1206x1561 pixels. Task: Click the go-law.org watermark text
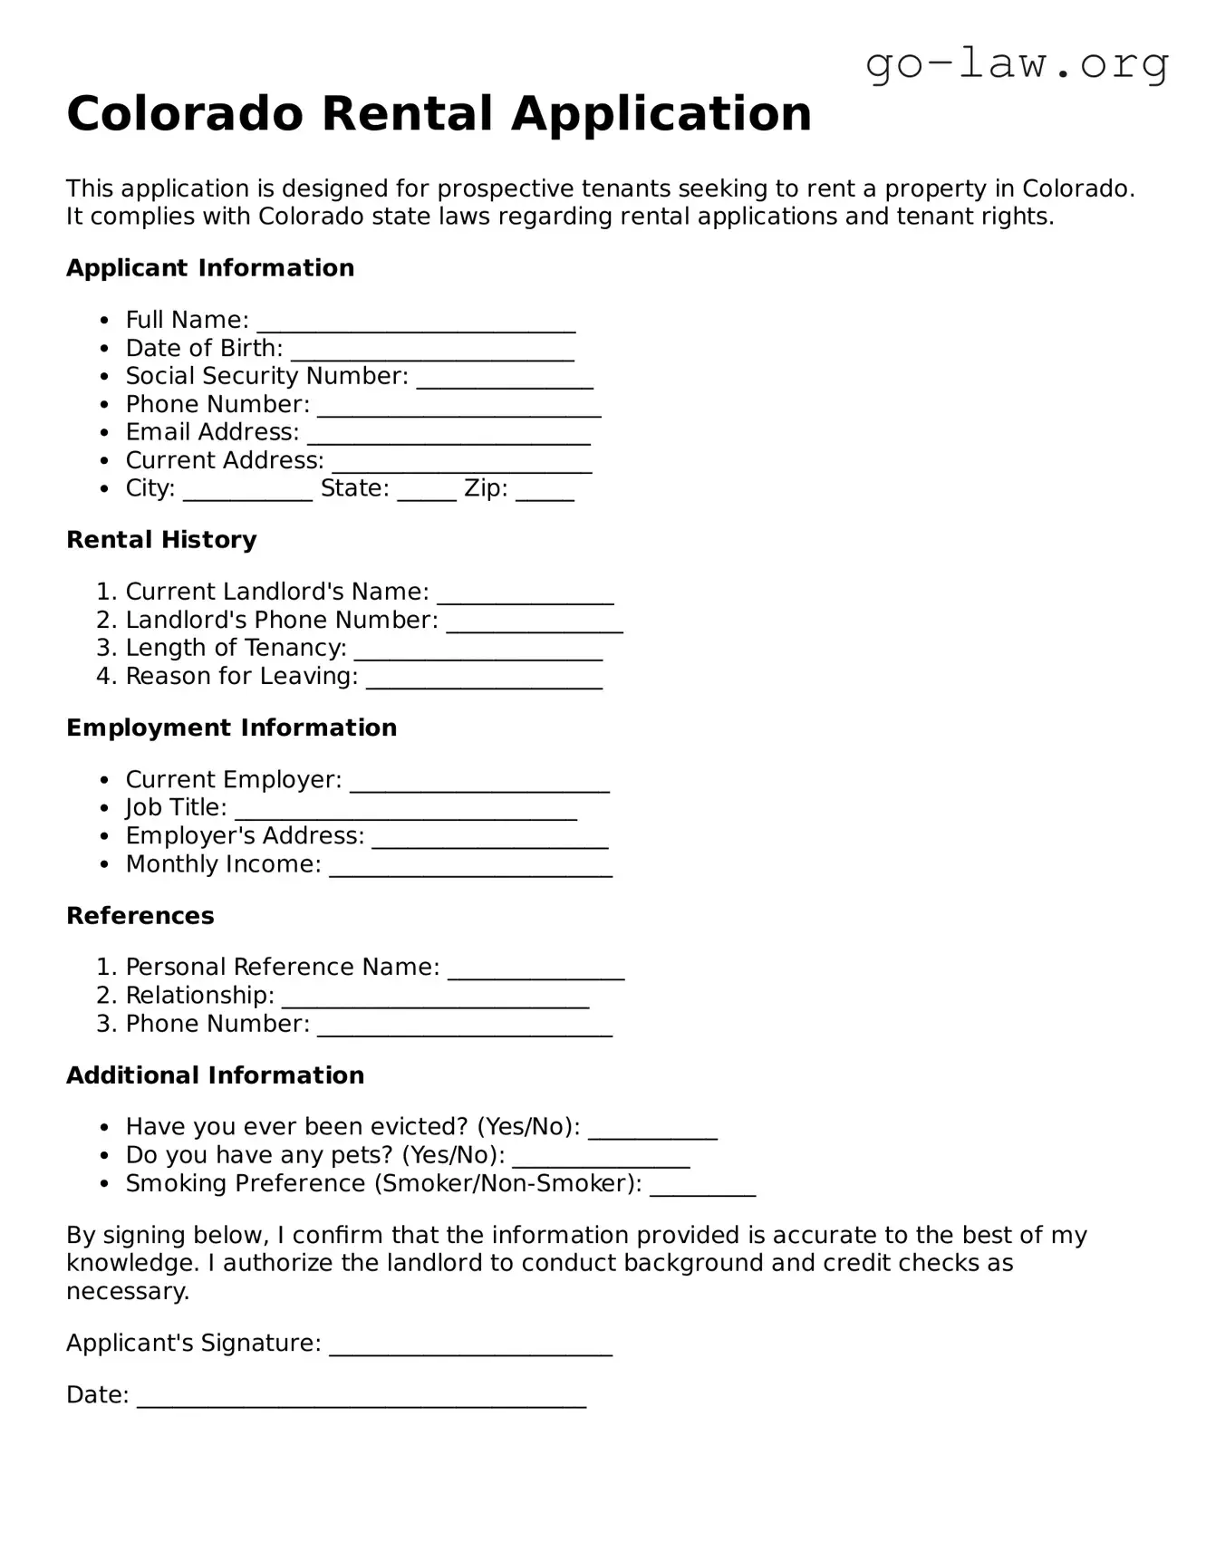click(1017, 64)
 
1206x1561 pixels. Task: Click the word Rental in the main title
click(406, 114)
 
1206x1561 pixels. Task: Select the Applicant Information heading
click(210, 268)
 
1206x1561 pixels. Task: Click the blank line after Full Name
click(416, 323)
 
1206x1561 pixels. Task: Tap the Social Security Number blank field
click(505, 380)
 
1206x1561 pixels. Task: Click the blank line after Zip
click(545, 492)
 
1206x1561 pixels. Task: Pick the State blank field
click(426, 492)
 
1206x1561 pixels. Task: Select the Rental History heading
click(161, 540)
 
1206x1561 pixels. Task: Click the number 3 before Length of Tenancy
click(105, 648)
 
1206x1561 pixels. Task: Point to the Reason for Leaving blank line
click(484, 679)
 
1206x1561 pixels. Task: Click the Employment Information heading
click(231, 728)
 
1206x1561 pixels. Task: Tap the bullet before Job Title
click(105, 809)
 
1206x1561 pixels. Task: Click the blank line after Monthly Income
click(470, 868)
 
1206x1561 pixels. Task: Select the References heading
click(140, 916)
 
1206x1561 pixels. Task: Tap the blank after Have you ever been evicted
click(652, 1131)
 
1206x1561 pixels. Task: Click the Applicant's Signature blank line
click(470, 1346)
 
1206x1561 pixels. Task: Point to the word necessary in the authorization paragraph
click(127, 1291)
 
